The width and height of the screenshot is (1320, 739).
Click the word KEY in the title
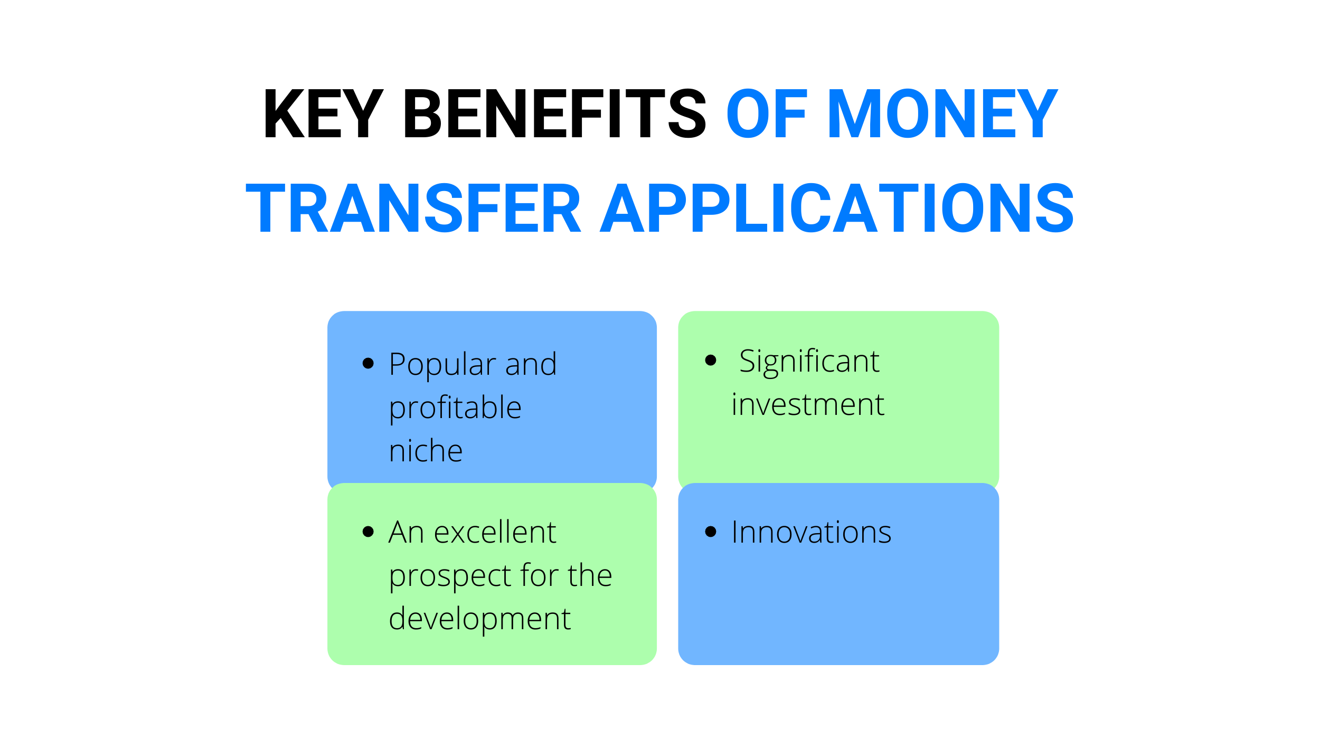(x=324, y=113)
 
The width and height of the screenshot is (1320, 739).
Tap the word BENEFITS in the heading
(x=555, y=113)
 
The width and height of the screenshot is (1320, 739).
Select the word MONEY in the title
(x=943, y=113)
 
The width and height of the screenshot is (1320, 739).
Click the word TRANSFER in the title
(x=413, y=207)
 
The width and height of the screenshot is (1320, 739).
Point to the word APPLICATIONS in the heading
(x=837, y=207)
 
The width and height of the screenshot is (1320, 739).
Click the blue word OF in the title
(x=767, y=113)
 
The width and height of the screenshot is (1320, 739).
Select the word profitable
(x=455, y=409)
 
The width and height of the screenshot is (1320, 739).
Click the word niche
(x=426, y=450)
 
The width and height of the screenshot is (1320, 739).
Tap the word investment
(x=808, y=405)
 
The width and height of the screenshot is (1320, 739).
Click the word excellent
(x=495, y=532)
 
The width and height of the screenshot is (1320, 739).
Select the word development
(x=479, y=619)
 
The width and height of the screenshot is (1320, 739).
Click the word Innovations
(x=811, y=532)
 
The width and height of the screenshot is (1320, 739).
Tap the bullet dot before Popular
(x=368, y=363)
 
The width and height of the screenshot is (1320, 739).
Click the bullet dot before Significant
(x=711, y=360)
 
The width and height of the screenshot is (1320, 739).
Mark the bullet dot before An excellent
(x=368, y=531)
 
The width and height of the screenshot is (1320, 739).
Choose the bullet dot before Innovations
(x=711, y=531)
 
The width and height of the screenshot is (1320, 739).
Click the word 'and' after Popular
(x=531, y=364)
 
